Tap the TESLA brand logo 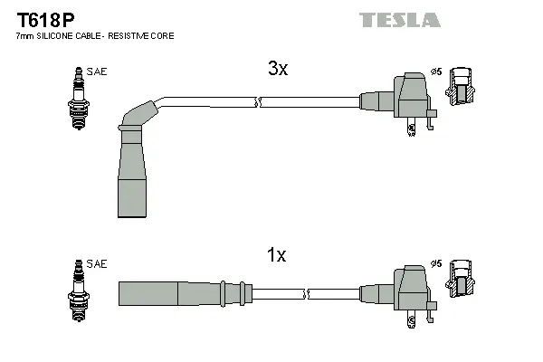pyautogui.click(x=399, y=19)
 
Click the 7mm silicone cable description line pyautogui.click(x=95, y=35)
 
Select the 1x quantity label pyautogui.click(x=276, y=256)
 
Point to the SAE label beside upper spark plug pyautogui.click(x=97, y=71)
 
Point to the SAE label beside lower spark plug pyautogui.click(x=97, y=263)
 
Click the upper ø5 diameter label pyautogui.click(x=435, y=72)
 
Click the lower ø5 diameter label pyautogui.click(x=435, y=263)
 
